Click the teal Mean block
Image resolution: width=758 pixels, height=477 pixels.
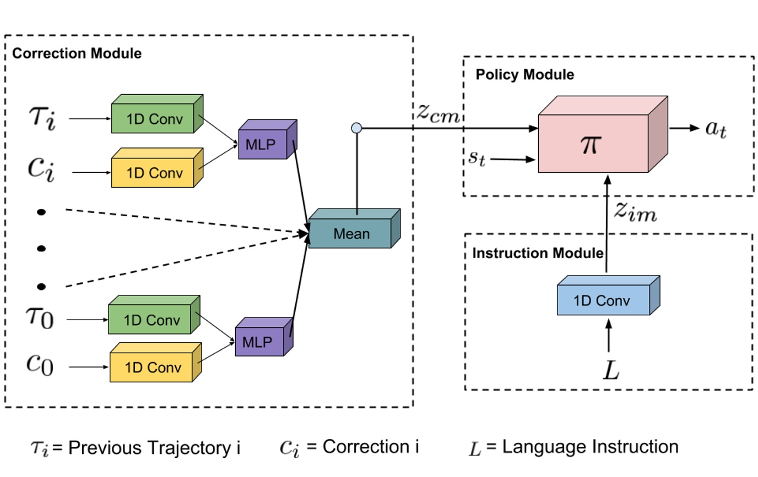(351, 234)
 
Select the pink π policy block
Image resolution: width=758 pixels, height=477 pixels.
(593, 144)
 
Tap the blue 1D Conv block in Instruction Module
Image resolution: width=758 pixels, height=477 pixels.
(604, 300)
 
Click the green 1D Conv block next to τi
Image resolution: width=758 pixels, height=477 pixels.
(153, 118)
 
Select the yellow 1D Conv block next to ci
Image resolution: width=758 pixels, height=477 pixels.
(153, 172)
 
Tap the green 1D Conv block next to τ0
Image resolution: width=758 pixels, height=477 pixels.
(150, 320)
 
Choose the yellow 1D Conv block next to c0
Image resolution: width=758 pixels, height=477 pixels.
(152, 367)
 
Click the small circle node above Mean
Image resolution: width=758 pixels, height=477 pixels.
(356, 128)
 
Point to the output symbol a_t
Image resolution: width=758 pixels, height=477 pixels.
(716, 130)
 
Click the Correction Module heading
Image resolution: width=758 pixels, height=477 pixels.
(77, 53)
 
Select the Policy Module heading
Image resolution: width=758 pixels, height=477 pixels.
(524, 74)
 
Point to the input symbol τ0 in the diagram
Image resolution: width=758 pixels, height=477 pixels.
(40, 317)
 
